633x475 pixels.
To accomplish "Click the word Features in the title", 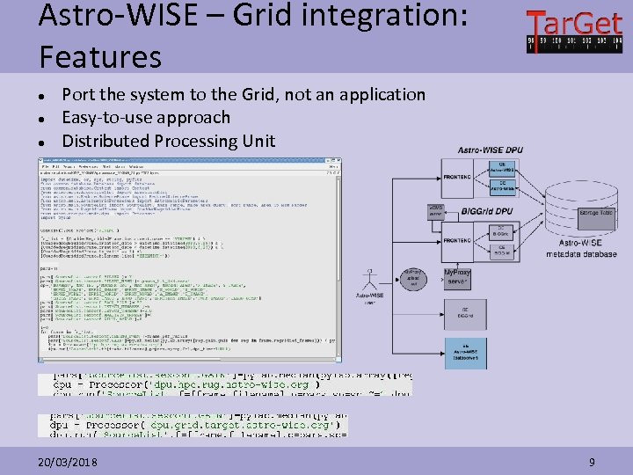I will pos(100,56).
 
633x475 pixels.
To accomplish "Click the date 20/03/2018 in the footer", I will pos(68,462).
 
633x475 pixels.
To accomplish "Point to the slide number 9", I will pos(592,462).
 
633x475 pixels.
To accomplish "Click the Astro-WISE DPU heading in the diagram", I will pos(490,150).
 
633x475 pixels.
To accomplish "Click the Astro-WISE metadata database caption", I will pos(580,250).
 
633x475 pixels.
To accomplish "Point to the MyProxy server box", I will pos(456,277).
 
